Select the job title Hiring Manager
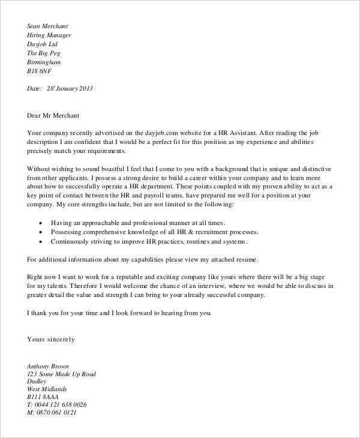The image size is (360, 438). tap(49, 35)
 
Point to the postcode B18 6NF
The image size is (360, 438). tap(41, 71)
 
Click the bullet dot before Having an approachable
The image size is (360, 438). tap(40, 222)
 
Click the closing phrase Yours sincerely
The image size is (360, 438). tap(51, 339)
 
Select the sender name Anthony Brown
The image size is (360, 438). tap(48, 365)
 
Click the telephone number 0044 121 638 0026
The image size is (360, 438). tap(62, 404)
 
